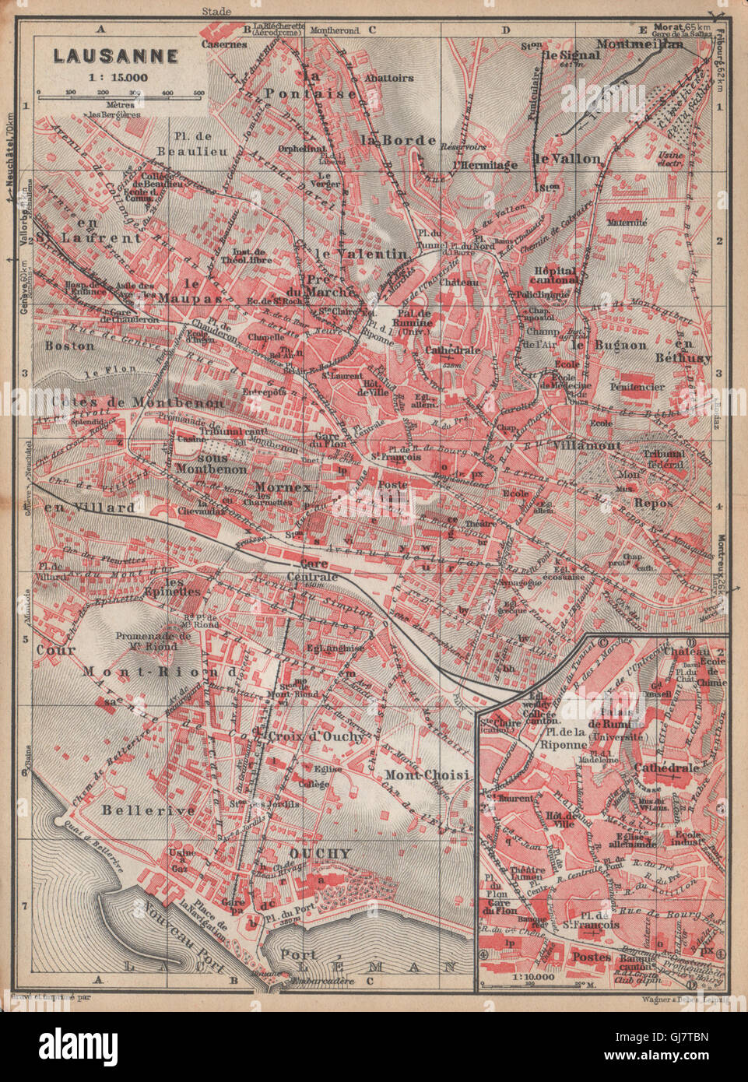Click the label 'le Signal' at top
tap(571, 55)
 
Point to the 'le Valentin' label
tap(361, 254)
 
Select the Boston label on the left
tap(70, 345)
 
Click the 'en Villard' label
tap(79, 507)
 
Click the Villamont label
tap(584, 444)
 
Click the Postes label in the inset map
tap(592, 956)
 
